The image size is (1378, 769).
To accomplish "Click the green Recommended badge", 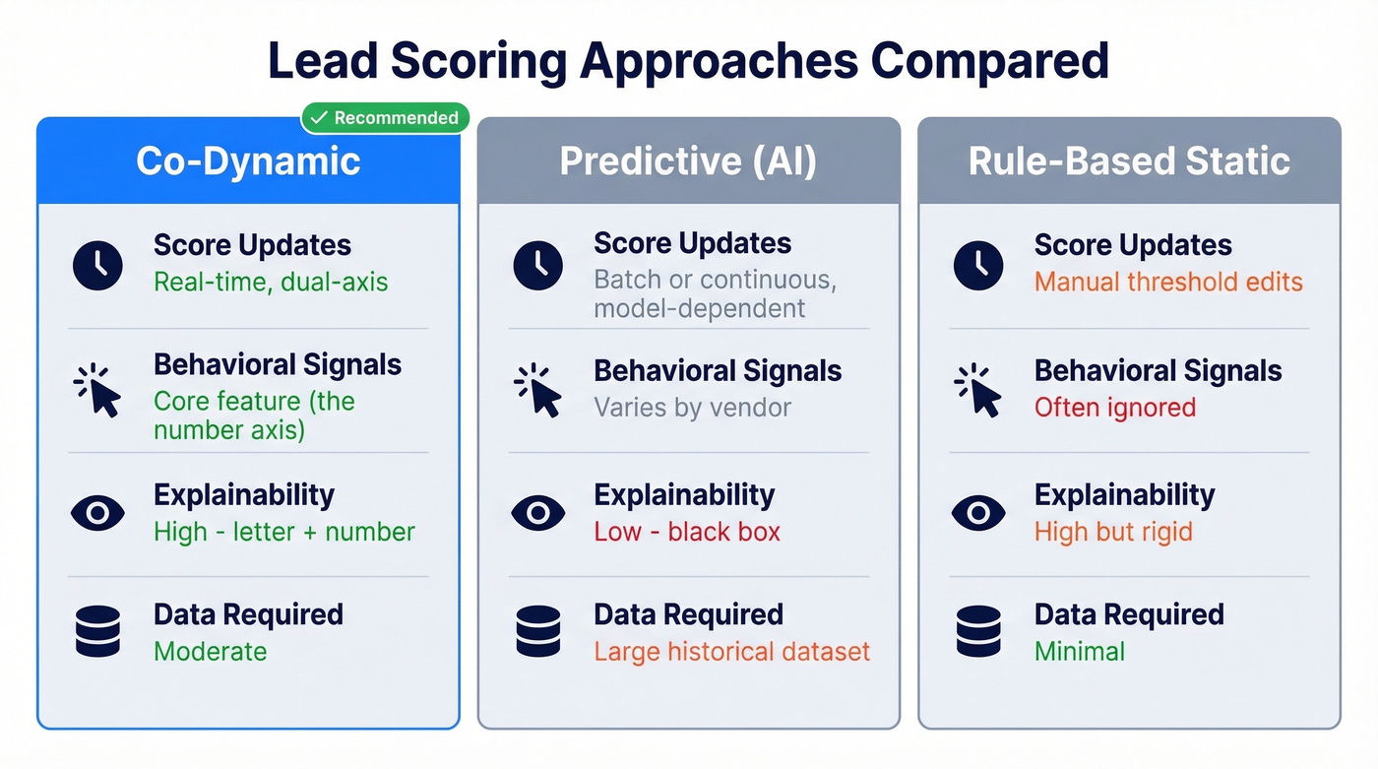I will [x=385, y=118].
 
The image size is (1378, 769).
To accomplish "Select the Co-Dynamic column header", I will [x=248, y=161].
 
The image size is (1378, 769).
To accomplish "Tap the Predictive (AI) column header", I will [x=688, y=161].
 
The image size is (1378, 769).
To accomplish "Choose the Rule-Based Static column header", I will [x=1129, y=161].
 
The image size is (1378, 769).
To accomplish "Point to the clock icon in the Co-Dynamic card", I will [x=97, y=264].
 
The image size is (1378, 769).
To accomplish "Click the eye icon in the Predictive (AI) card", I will [x=537, y=513].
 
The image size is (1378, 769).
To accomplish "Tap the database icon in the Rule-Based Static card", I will [x=978, y=632].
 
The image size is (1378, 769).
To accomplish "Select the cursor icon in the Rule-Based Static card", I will [x=978, y=390].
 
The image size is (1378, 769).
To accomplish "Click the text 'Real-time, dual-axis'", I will [x=271, y=283].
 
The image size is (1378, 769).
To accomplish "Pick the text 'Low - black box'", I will [x=687, y=533].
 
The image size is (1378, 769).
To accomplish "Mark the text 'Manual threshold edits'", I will [x=1168, y=283].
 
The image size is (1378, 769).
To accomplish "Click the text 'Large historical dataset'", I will [x=732, y=652].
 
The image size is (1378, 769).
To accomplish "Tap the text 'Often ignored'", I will [x=1115, y=408].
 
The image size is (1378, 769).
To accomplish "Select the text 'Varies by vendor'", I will [x=692, y=408].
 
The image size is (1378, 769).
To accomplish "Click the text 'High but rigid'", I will [x=1113, y=533].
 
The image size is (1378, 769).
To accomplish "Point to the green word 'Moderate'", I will [x=211, y=652].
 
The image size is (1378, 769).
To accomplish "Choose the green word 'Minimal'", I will [x=1080, y=652].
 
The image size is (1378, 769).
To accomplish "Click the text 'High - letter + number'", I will [x=284, y=533].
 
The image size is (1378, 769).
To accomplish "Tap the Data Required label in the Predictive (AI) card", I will [x=688, y=614].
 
